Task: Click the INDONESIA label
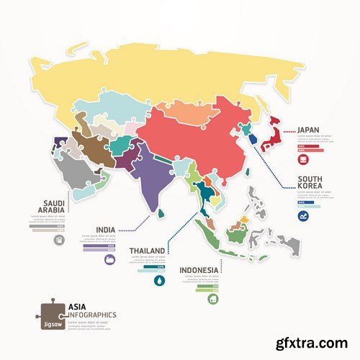[199, 271]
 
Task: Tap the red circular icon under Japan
[305, 158]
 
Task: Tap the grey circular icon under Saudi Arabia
[56, 238]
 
